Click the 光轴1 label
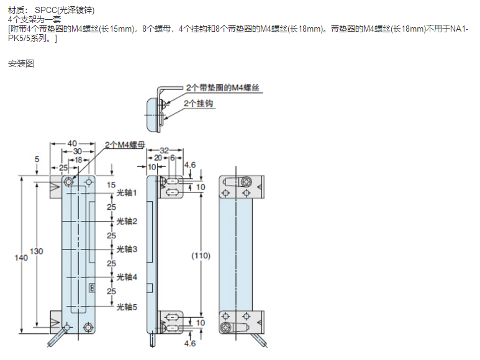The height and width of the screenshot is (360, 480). click(127, 194)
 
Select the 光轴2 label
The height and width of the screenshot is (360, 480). click(127, 221)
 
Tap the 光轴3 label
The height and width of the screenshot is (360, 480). click(127, 249)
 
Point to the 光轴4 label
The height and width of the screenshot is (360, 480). click(127, 277)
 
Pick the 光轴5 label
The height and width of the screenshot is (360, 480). click(127, 306)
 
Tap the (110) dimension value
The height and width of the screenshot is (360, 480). click(201, 256)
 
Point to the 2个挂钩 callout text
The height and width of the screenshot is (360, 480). click(199, 103)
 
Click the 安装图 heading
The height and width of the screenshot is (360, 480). click(20, 63)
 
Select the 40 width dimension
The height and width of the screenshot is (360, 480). click(75, 144)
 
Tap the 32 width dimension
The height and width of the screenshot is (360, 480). click(165, 150)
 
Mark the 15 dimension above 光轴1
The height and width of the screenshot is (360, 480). click(111, 185)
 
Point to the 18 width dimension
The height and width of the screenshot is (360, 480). click(78, 160)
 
